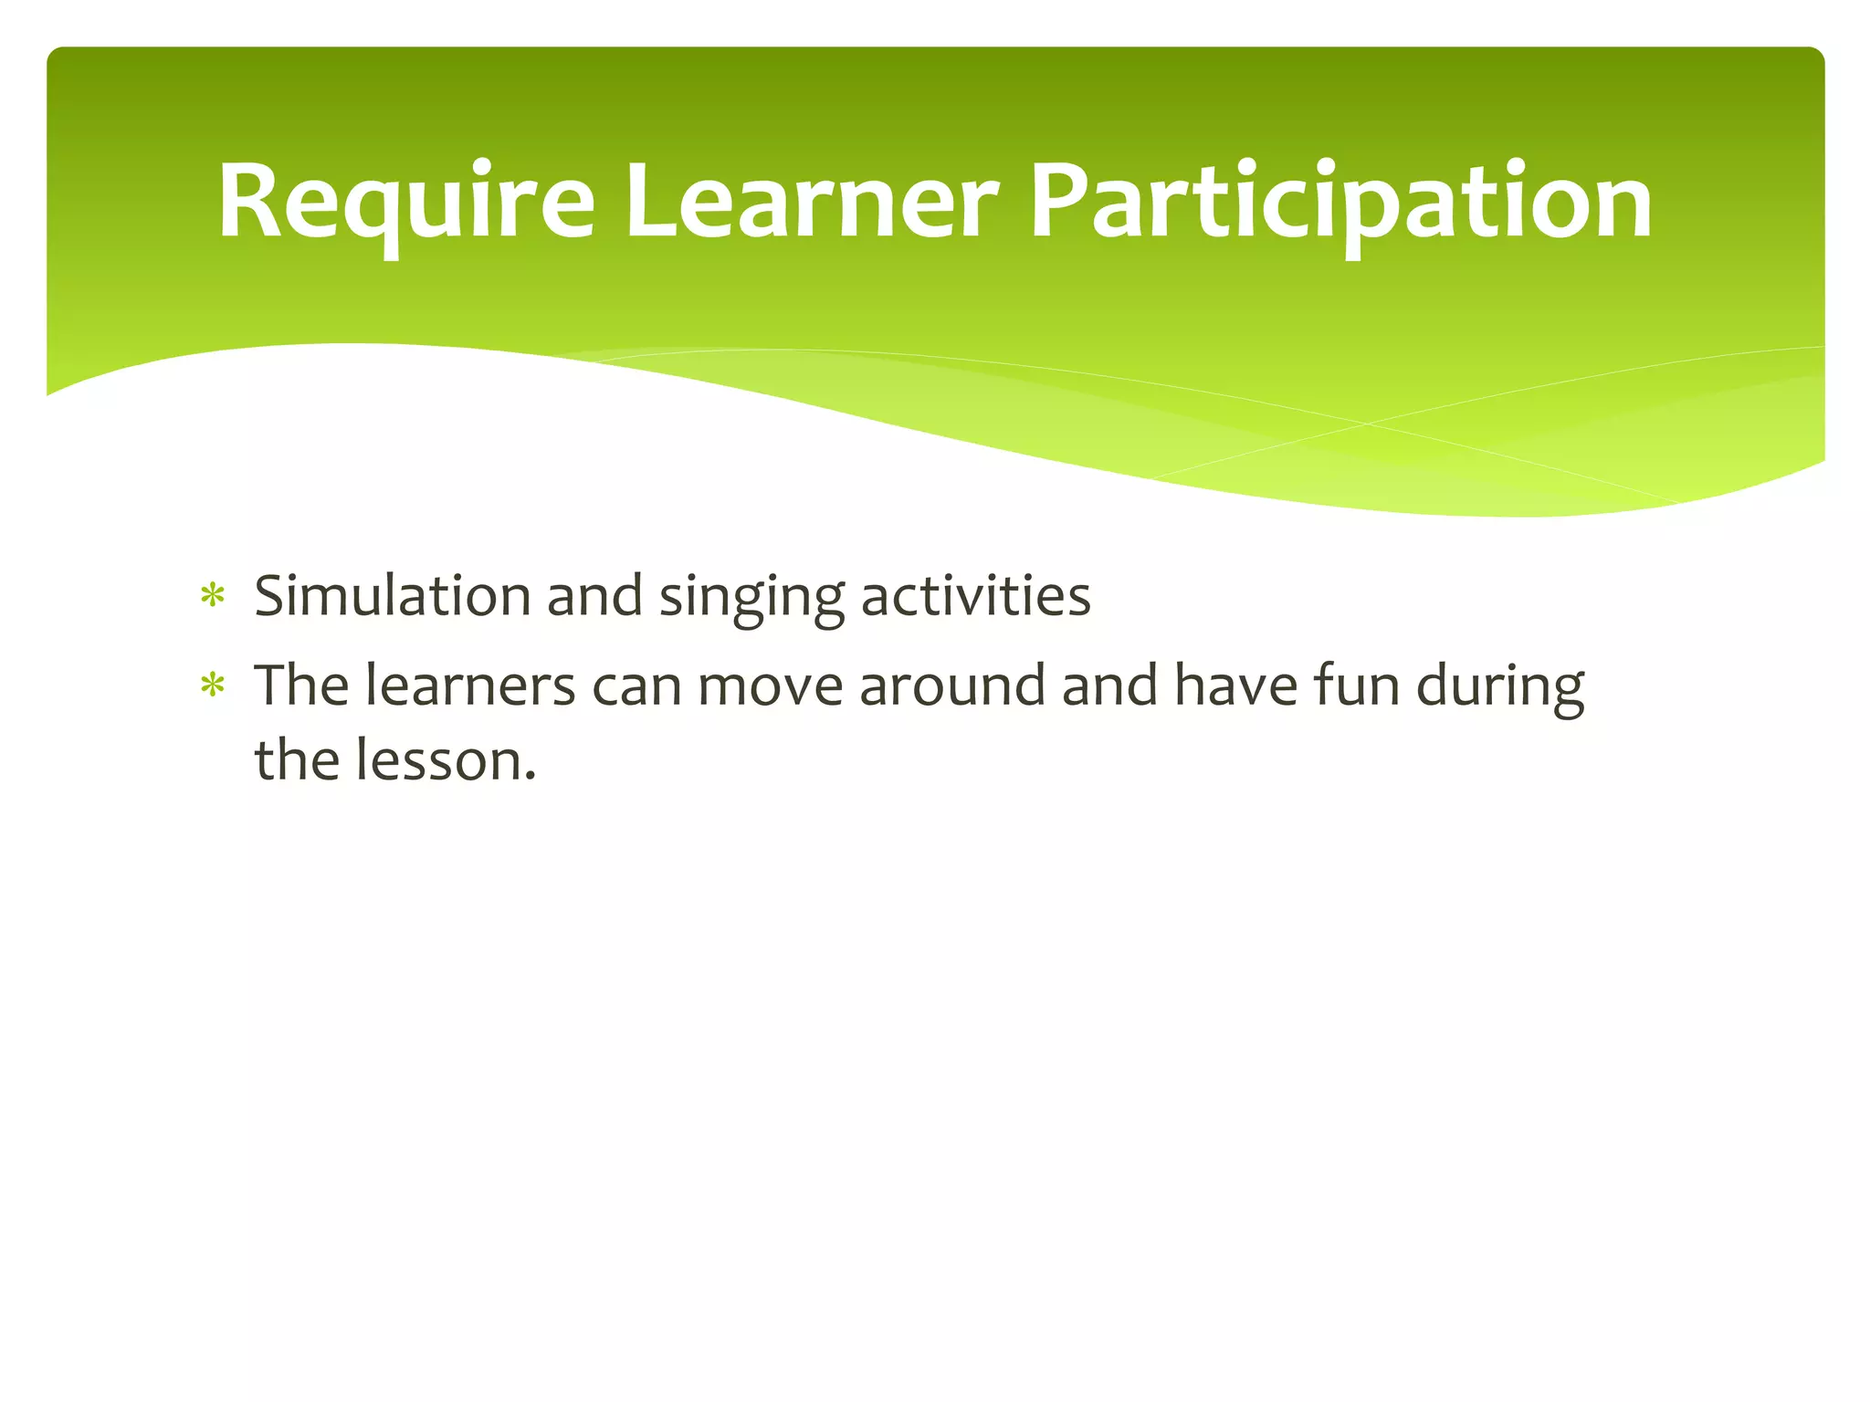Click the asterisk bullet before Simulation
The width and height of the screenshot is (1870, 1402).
pos(213,597)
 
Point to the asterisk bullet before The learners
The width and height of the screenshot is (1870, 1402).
pos(213,685)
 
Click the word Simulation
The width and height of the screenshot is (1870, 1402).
pos(392,596)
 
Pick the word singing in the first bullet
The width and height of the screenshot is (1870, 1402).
pos(751,598)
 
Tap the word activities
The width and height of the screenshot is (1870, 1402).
pos(975,596)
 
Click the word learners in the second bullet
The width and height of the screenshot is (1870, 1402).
pos(470,685)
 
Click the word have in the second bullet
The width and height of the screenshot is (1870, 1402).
pos(1235,685)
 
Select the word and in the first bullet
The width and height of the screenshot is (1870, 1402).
pos(594,596)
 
